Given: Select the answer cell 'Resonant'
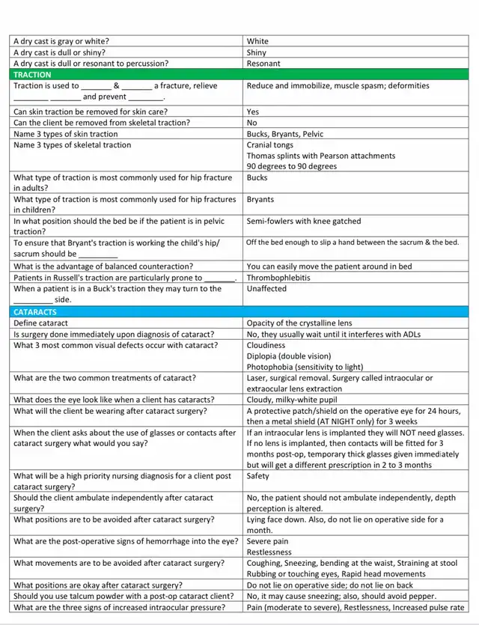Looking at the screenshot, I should (263, 64).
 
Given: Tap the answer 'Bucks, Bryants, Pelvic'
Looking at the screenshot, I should (284, 134).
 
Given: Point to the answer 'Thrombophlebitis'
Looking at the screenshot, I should (278, 278).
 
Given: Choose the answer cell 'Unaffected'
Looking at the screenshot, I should (266, 289).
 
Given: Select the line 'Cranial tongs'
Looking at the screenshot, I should (270, 145).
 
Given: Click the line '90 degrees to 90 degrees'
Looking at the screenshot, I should (291, 166).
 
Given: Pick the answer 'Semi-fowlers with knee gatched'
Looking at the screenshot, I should (303, 222).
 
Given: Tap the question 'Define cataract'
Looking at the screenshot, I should (41, 323).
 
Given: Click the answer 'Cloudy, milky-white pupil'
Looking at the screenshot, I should (293, 400).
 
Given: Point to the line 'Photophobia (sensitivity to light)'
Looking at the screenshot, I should (305, 367).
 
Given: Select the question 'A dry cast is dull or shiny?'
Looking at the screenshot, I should (59, 53).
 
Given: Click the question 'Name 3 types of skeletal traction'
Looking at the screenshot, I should (72, 145).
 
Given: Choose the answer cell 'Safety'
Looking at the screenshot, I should (258, 476).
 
